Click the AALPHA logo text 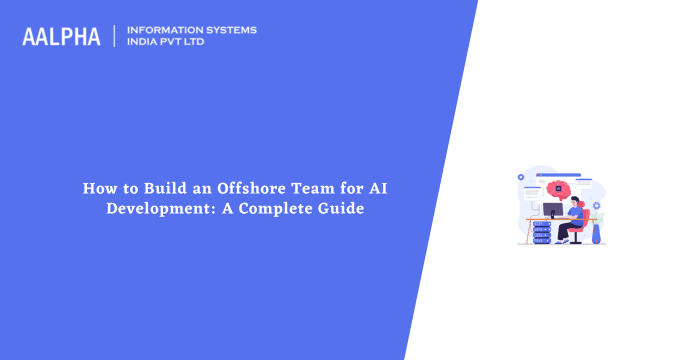(x=62, y=37)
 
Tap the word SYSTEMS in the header (x=231, y=30)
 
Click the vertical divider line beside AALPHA (x=115, y=37)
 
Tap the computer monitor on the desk (x=552, y=211)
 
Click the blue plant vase (x=597, y=234)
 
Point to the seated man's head (x=575, y=202)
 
